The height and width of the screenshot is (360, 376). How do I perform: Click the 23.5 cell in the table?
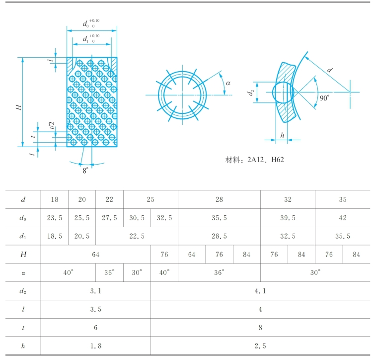click(x=54, y=218)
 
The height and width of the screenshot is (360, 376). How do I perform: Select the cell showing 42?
click(x=342, y=218)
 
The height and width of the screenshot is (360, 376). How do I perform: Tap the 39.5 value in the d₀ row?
click(x=288, y=218)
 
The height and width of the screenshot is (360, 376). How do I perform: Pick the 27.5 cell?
click(x=109, y=218)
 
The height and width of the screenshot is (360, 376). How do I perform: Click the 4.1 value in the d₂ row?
click(x=260, y=291)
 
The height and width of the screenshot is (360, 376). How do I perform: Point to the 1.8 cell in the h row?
click(x=95, y=346)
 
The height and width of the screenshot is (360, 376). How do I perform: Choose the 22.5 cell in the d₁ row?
click(x=137, y=236)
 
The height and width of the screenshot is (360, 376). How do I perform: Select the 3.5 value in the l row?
click(x=95, y=309)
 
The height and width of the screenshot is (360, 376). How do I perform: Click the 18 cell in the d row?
click(x=54, y=199)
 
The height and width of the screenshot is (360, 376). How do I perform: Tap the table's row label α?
click(x=23, y=272)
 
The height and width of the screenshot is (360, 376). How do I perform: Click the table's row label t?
click(x=23, y=327)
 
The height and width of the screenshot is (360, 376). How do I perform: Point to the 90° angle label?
click(x=324, y=98)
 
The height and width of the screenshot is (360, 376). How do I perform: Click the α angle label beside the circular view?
click(x=228, y=83)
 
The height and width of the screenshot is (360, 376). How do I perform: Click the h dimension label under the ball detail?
click(x=282, y=135)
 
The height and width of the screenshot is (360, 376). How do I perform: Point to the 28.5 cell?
click(x=219, y=236)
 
